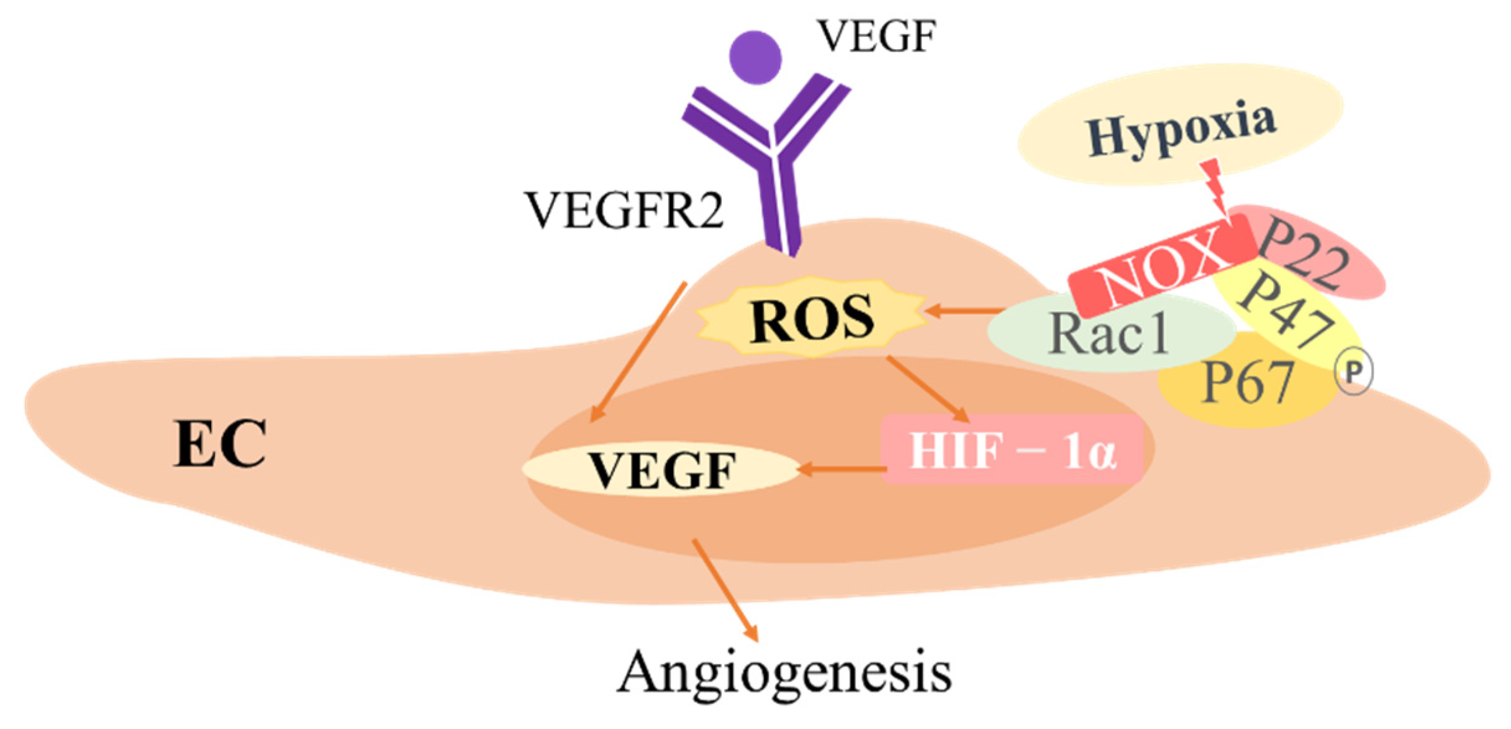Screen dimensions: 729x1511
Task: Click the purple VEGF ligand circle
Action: tap(755, 57)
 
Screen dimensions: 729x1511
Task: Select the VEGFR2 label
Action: tap(624, 211)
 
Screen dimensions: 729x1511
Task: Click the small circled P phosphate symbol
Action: tap(1354, 372)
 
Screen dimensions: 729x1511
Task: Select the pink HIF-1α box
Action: tap(1012, 450)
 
